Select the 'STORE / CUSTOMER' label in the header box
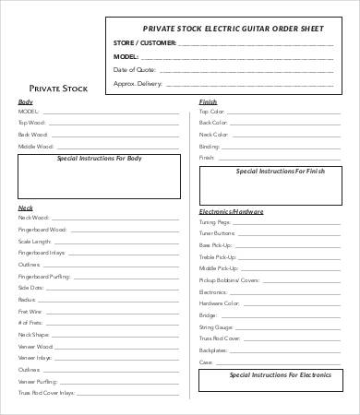[144, 42]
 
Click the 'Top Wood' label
[30, 123]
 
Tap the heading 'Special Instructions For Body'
[100, 159]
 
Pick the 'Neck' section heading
[25, 207]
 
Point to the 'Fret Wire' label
[30, 311]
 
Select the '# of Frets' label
[30, 323]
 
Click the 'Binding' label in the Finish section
[210, 146]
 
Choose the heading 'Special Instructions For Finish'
[279, 171]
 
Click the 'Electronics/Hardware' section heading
[230, 211]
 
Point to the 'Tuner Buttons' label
[218, 233]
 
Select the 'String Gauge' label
[217, 326]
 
